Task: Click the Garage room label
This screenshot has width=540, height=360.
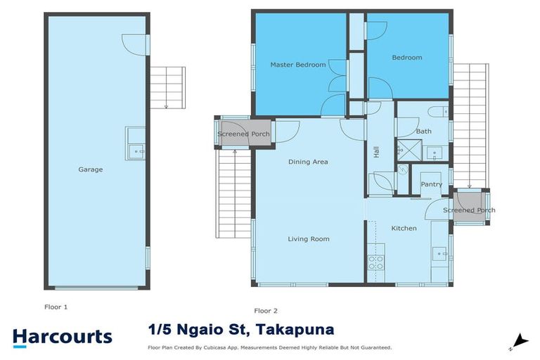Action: coord(91,169)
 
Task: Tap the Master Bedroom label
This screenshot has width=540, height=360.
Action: coord(298,65)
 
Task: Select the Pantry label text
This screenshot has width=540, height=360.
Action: coord(431,184)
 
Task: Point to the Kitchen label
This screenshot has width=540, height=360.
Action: coord(404,228)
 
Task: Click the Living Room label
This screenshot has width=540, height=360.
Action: coord(308,239)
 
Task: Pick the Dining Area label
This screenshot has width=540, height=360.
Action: coord(308,162)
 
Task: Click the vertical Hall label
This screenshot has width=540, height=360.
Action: coord(376,151)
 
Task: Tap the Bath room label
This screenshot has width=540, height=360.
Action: coord(424,131)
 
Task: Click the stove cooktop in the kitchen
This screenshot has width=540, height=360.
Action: coord(375,262)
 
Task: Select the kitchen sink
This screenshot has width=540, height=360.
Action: coord(439,252)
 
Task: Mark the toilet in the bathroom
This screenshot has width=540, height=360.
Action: coord(438,111)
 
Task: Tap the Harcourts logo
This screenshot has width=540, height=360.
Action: coord(62,336)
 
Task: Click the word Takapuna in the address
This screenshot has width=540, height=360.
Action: coord(295,330)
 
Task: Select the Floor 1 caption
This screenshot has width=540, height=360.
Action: coord(56,307)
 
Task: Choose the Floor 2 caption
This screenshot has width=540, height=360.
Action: coord(266,310)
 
